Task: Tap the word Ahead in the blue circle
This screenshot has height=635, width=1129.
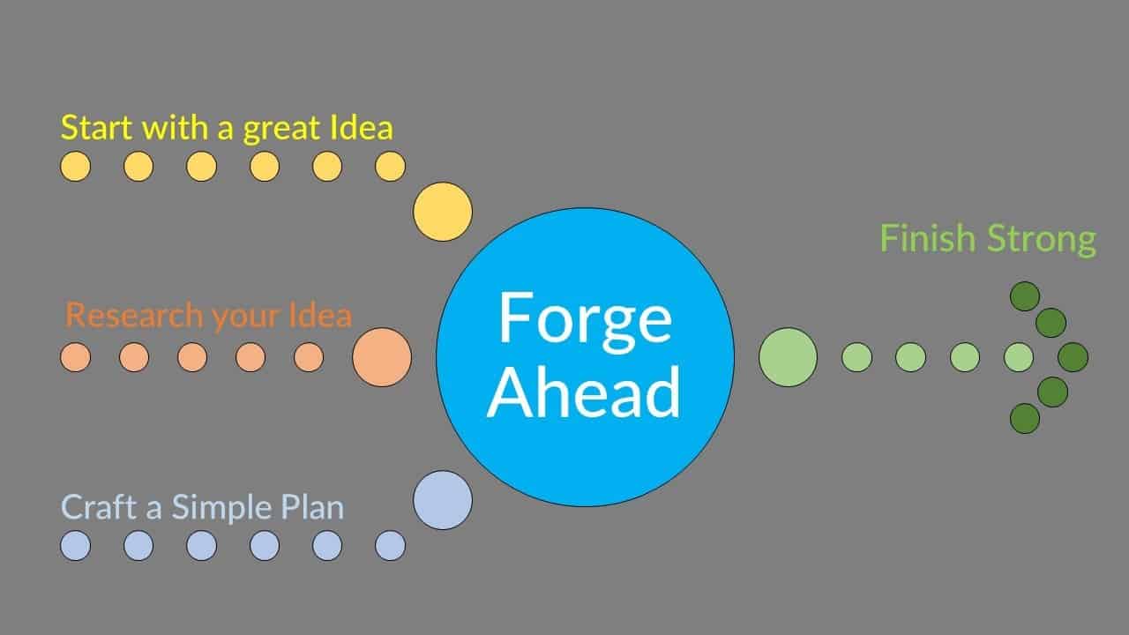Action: pyautogui.click(x=584, y=392)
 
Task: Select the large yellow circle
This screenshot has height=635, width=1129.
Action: pyautogui.click(x=443, y=212)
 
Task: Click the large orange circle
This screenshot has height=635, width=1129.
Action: pyautogui.click(x=382, y=357)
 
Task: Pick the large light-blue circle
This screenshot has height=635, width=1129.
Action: pyautogui.click(x=443, y=500)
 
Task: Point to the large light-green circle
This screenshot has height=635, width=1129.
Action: pyautogui.click(x=788, y=357)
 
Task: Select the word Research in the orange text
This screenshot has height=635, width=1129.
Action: pyautogui.click(x=134, y=315)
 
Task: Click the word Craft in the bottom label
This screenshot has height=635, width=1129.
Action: pyautogui.click(x=98, y=506)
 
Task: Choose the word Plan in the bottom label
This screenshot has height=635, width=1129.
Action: pyautogui.click(x=312, y=506)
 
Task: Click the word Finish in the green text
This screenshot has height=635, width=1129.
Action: pyautogui.click(x=928, y=238)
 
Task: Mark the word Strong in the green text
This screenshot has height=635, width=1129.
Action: pyautogui.click(x=1042, y=241)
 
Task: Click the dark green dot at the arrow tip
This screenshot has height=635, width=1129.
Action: pyautogui.click(x=1073, y=357)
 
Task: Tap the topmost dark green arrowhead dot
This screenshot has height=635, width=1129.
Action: pyautogui.click(x=1025, y=296)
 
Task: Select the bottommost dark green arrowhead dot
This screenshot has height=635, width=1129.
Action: pyautogui.click(x=1025, y=418)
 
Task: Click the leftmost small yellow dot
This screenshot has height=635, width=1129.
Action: pyautogui.click(x=76, y=167)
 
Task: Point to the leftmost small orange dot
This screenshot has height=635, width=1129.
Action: pyautogui.click(x=76, y=357)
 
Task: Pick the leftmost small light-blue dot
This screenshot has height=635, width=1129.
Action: pyautogui.click(x=76, y=545)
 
